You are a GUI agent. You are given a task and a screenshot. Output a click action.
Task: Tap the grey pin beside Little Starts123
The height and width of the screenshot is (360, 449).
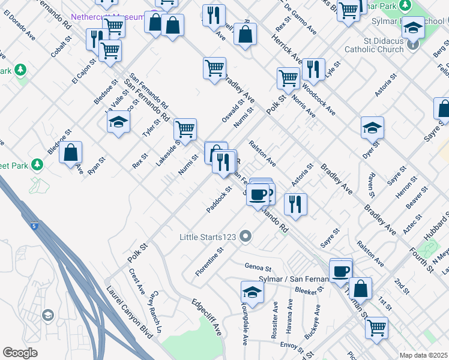[x=244, y=236]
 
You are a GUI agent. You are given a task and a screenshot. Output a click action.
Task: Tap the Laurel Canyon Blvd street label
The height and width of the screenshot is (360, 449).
[x=130, y=311]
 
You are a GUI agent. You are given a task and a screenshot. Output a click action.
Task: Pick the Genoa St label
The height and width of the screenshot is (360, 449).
[x=258, y=266]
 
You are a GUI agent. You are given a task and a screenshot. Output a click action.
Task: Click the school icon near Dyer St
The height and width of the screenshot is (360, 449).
[x=372, y=128]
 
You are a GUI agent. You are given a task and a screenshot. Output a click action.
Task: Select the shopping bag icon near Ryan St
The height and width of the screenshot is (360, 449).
[x=71, y=153]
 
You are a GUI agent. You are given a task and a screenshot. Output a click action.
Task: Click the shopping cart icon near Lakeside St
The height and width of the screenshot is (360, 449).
[x=185, y=129]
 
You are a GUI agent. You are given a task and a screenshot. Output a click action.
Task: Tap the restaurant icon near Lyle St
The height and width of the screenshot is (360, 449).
[x=313, y=70]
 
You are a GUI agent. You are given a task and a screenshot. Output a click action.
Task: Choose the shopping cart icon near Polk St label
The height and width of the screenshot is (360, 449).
[x=288, y=79]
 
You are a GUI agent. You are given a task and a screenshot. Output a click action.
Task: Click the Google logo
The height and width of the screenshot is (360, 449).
[x=20, y=353]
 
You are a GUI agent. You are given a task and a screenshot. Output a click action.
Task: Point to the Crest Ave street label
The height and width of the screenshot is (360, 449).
[x=137, y=281]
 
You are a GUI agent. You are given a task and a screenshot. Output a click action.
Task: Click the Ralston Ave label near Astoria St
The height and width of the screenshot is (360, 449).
[x=262, y=154]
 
